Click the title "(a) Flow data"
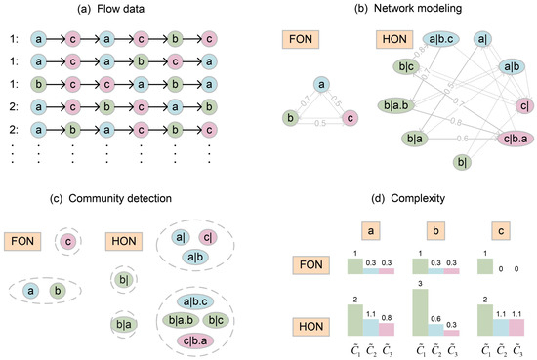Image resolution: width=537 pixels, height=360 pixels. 108,11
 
